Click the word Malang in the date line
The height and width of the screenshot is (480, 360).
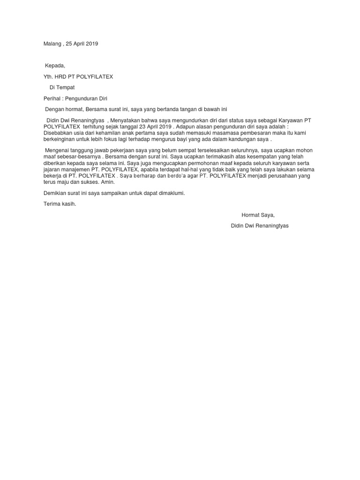coord(52,44)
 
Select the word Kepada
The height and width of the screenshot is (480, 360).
coord(55,65)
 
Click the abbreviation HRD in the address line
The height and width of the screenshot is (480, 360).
coord(60,76)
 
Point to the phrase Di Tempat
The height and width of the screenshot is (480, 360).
coord(62,87)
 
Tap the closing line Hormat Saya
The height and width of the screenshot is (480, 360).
coord(258,215)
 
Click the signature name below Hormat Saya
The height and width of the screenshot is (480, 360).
coord(260,225)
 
